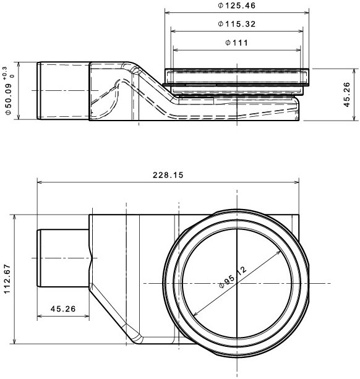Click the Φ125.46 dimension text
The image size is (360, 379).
pos(236,6)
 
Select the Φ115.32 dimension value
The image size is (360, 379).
pos(236,24)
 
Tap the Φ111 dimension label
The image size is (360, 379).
pos(236,43)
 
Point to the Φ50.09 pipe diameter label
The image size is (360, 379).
pos(9,99)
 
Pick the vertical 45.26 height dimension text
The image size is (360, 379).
pos(347,95)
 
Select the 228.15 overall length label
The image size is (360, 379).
pos(168,175)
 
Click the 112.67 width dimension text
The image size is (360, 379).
pos(7,279)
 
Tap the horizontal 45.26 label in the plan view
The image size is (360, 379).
pos(63,309)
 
